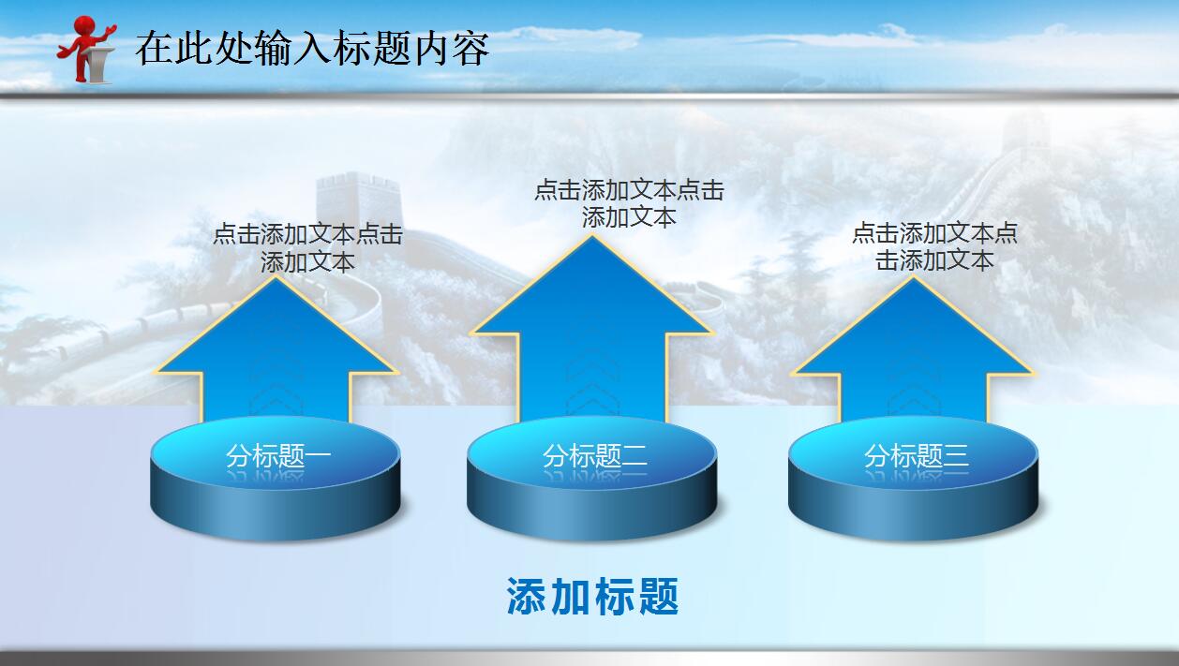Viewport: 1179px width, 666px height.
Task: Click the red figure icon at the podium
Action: pos(86,50)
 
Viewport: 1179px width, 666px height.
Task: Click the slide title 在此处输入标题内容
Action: pos(312,48)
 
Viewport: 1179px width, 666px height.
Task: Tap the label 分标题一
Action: pos(277,456)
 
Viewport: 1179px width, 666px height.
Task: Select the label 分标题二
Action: pos(594,456)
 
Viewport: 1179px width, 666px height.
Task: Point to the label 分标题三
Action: pos(916,456)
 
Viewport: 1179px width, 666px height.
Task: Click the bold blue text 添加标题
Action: pos(592,597)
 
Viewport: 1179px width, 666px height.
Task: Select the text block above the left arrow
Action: pos(307,247)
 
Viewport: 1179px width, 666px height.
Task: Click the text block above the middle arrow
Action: pos(629,203)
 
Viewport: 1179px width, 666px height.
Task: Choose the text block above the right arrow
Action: pos(934,246)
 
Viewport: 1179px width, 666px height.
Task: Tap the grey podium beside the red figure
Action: pos(99,64)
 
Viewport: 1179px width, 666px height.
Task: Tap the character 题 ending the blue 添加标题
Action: pos(660,597)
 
